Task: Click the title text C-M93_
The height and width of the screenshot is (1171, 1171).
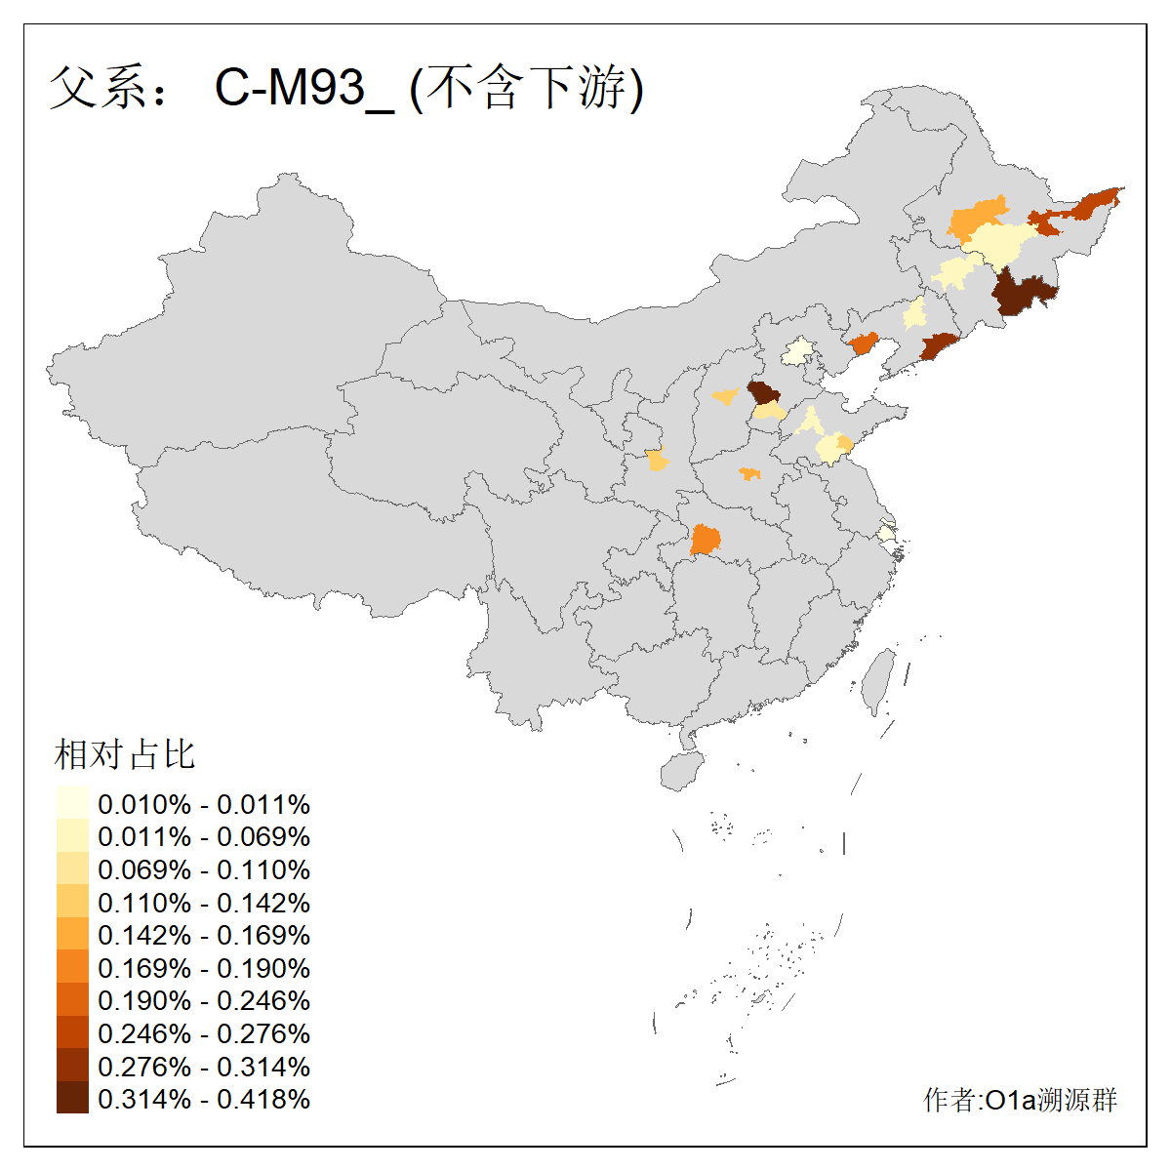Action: tap(303, 89)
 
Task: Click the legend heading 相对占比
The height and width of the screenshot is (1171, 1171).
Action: tap(125, 754)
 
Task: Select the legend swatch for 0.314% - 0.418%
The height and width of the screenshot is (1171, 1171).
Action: tap(72, 1099)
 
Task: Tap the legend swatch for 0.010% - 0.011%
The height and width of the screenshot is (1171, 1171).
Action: tap(72, 803)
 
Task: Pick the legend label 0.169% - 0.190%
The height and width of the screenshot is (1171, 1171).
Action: tap(204, 968)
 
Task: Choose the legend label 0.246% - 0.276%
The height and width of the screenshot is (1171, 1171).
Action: tap(204, 1033)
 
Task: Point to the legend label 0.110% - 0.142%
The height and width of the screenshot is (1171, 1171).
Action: tap(204, 903)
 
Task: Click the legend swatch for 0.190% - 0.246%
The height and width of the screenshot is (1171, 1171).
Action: tap(72, 1000)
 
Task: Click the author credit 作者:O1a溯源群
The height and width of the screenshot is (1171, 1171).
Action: tap(1020, 1100)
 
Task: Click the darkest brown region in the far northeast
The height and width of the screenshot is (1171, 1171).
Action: tap(1024, 292)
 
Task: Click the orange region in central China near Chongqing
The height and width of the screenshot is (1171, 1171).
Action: tap(706, 540)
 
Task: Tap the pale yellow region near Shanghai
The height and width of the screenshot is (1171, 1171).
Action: tap(886, 534)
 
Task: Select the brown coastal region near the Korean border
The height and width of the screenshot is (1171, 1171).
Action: tap(940, 346)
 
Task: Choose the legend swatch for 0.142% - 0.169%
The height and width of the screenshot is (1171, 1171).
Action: tap(72, 935)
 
